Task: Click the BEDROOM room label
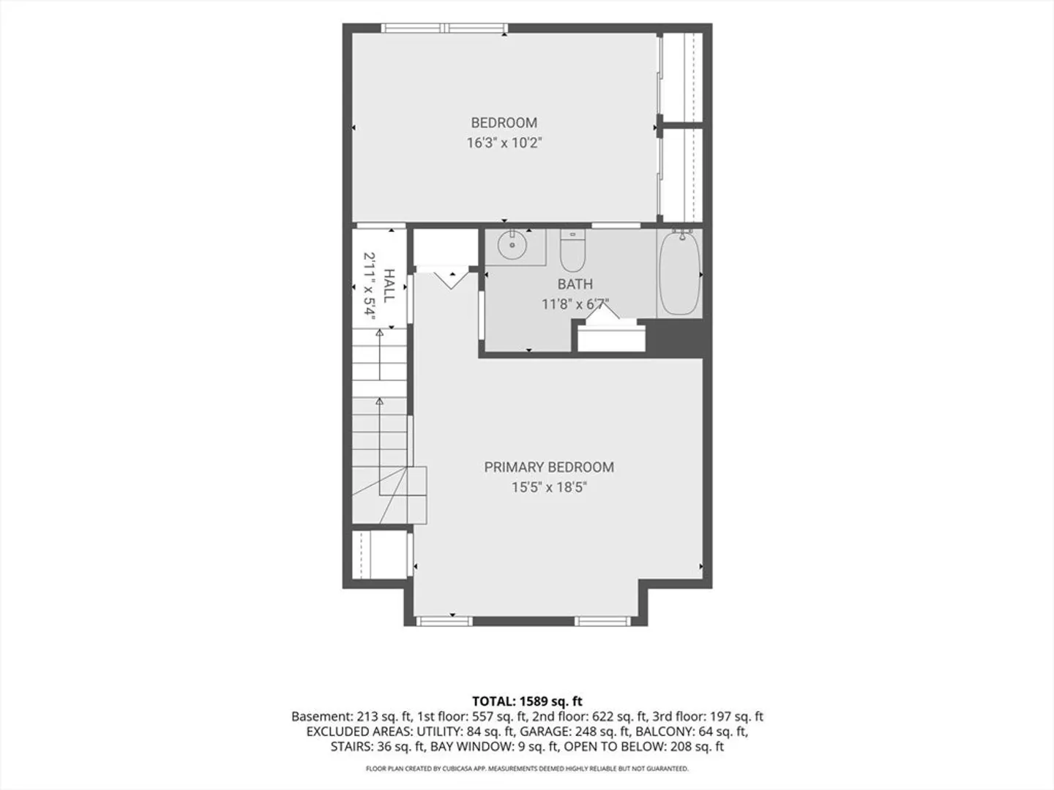(x=504, y=123)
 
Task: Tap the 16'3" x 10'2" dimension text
(x=504, y=143)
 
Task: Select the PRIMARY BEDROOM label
(x=549, y=467)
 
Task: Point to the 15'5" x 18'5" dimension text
(x=549, y=487)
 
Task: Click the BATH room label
(x=575, y=284)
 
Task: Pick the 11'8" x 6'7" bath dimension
(x=575, y=304)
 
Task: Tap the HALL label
(x=389, y=285)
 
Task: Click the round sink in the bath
(x=512, y=244)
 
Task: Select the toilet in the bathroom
(x=572, y=250)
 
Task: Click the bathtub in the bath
(x=679, y=272)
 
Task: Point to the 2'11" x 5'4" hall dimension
(x=369, y=286)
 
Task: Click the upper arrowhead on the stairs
(x=379, y=332)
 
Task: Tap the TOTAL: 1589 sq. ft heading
(x=527, y=701)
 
